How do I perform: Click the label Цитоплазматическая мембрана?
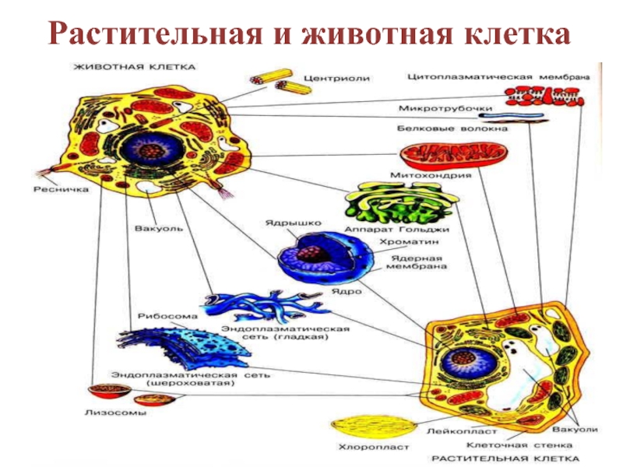click(498, 77)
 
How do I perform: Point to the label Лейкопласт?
click(450, 429)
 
